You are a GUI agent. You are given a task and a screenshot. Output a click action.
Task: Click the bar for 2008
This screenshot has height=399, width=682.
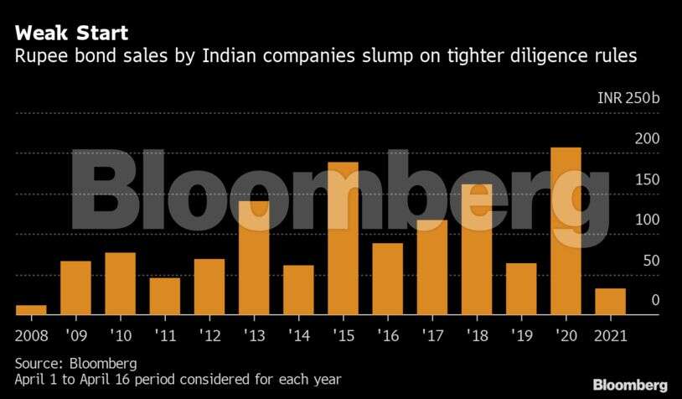[31, 309]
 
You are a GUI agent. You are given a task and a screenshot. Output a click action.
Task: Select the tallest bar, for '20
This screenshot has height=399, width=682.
[566, 231]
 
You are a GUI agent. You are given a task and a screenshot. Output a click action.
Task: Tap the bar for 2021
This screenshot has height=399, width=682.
[610, 301]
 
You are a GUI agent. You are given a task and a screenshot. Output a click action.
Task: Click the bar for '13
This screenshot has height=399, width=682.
[254, 257]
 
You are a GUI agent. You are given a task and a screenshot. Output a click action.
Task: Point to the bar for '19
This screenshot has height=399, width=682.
[521, 288]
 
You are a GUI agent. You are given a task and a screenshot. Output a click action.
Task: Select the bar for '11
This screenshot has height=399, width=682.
[165, 295]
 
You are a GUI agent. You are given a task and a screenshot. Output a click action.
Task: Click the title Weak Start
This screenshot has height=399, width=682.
[71, 34]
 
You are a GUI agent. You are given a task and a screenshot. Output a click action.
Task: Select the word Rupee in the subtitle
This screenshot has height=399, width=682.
[39, 57]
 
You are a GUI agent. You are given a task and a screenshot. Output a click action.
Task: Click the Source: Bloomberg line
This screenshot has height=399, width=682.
[75, 364]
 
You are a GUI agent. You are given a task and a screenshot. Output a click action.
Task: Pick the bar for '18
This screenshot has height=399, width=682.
[477, 249]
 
